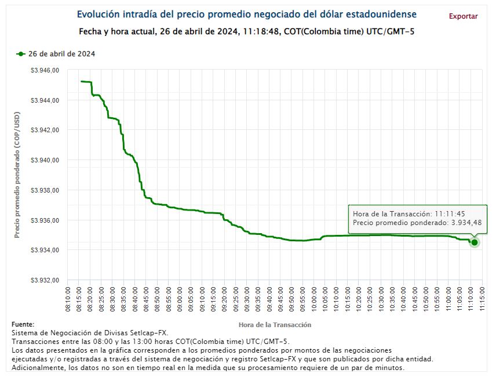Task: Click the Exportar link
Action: click(463, 16)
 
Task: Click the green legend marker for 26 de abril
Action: click(21, 54)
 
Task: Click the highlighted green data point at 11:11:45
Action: click(475, 242)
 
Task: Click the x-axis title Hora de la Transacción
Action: click(275, 325)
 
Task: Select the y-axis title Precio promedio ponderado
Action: click(17, 174)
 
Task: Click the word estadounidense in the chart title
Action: click(378, 14)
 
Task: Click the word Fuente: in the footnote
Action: click(23, 324)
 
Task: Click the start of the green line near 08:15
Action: click(82, 81)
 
